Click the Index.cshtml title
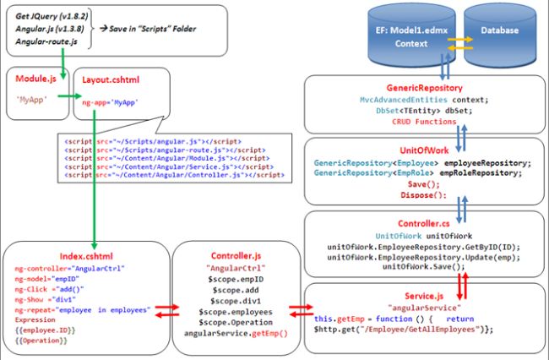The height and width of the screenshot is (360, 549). pyautogui.click(x=83, y=254)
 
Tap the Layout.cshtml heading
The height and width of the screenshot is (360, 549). pyautogui.click(x=112, y=79)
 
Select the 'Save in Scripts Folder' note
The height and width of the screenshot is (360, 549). pyautogui.click(x=149, y=28)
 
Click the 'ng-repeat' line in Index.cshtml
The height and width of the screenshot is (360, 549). pyautogui.click(x=81, y=310)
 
